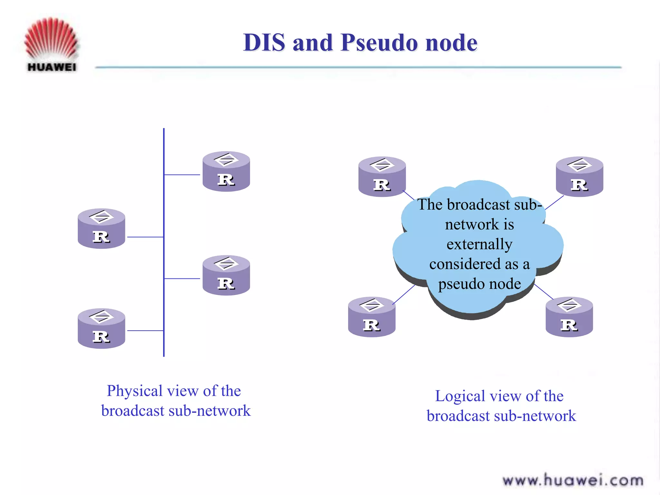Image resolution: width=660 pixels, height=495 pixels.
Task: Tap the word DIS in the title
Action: [264, 43]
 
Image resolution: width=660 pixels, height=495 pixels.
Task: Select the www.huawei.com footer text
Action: [573, 480]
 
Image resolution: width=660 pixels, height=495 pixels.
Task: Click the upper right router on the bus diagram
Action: [226, 171]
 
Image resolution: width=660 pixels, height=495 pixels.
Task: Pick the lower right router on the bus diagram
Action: [226, 276]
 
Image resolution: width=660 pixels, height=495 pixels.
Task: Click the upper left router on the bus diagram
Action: [101, 228]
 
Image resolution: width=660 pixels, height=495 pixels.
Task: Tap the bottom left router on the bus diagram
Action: [101, 329]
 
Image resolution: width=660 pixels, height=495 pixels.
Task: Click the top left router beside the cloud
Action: [382, 177]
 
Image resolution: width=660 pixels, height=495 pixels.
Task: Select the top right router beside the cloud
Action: [579, 177]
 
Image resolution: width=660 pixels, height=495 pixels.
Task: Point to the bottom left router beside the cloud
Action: [372, 317]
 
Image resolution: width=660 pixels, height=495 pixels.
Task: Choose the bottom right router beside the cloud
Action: [569, 317]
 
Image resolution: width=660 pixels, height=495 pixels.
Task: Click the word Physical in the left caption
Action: [135, 391]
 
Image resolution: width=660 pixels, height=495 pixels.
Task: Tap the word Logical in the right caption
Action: [460, 396]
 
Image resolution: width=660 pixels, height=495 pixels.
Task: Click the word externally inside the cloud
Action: [479, 244]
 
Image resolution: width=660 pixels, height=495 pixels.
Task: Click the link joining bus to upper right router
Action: [182, 175]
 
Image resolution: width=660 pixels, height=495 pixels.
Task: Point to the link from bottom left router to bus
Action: [145, 331]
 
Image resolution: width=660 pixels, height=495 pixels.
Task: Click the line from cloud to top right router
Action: [554, 202]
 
